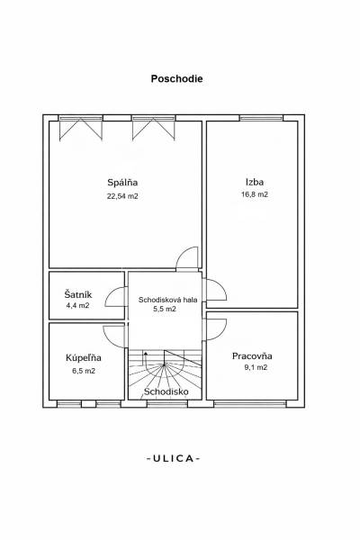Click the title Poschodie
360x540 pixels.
point(176,78)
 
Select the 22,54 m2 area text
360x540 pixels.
point(122,195)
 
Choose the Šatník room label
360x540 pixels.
point(78,294)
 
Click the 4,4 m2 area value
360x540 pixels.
point(78,306)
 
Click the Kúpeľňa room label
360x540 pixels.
point(84,358)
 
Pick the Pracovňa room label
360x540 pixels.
point(252,355)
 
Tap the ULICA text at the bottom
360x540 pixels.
point(173,458)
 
